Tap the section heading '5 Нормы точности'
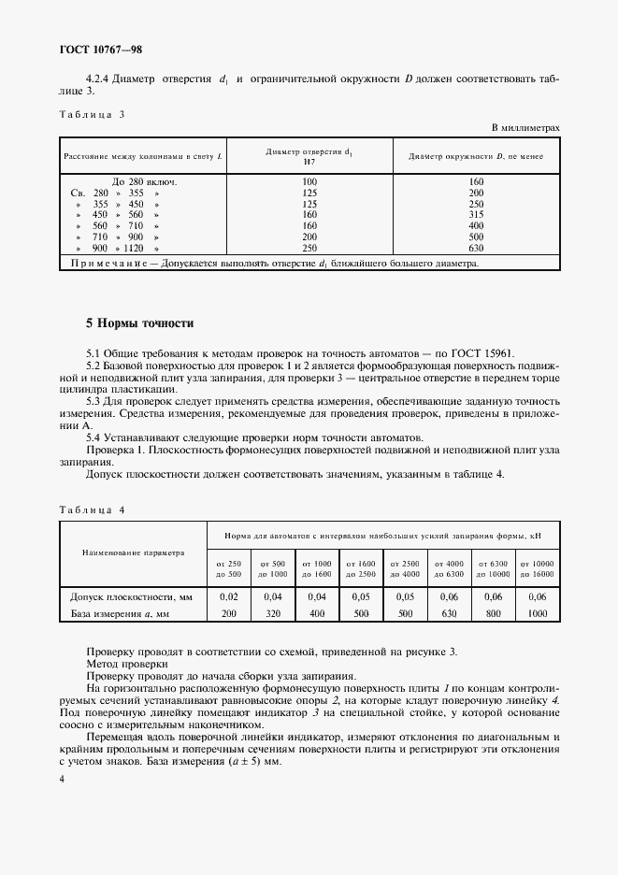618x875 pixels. [x=139, y=323]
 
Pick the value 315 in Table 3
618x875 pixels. [x=476, y=213]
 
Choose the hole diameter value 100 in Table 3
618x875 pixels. [x=310, y=181]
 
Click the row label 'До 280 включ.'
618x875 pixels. [x=144, y=181]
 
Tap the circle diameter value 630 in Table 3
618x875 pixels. [x=476, y=250]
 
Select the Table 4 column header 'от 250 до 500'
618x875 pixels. [x=228, y=567]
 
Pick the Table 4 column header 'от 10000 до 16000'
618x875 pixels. [x=539, y=567]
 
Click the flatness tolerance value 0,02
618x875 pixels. [x=228, y=596]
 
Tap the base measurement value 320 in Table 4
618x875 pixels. [x=272, y=613]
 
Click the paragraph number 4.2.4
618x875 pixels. [x=101, y=80]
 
